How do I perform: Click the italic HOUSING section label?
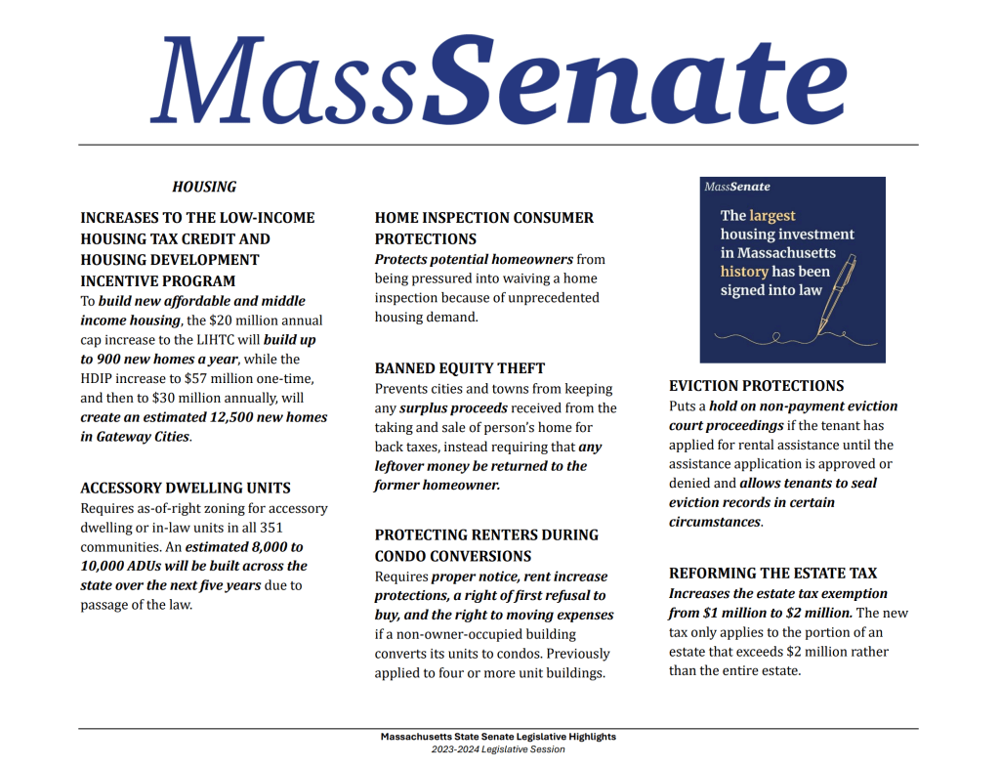[204, 187]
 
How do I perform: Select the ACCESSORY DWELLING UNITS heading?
[185, 488]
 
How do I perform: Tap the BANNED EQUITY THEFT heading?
[460, 368]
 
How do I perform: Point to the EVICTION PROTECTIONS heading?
[756, 385]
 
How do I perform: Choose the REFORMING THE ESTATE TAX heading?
[772, 573]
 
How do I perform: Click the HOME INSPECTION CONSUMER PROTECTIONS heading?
[483, 228]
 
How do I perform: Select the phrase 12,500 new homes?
[269, 417]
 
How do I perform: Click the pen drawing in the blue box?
[837, 293]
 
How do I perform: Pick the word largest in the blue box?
[772, 216]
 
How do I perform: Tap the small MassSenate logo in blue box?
[737, 187]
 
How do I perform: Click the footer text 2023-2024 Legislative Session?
[498, 749]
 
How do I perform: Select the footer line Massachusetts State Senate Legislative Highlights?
[498, 737]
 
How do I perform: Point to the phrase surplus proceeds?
[450, 407]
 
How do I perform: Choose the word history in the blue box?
[744, 272]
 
